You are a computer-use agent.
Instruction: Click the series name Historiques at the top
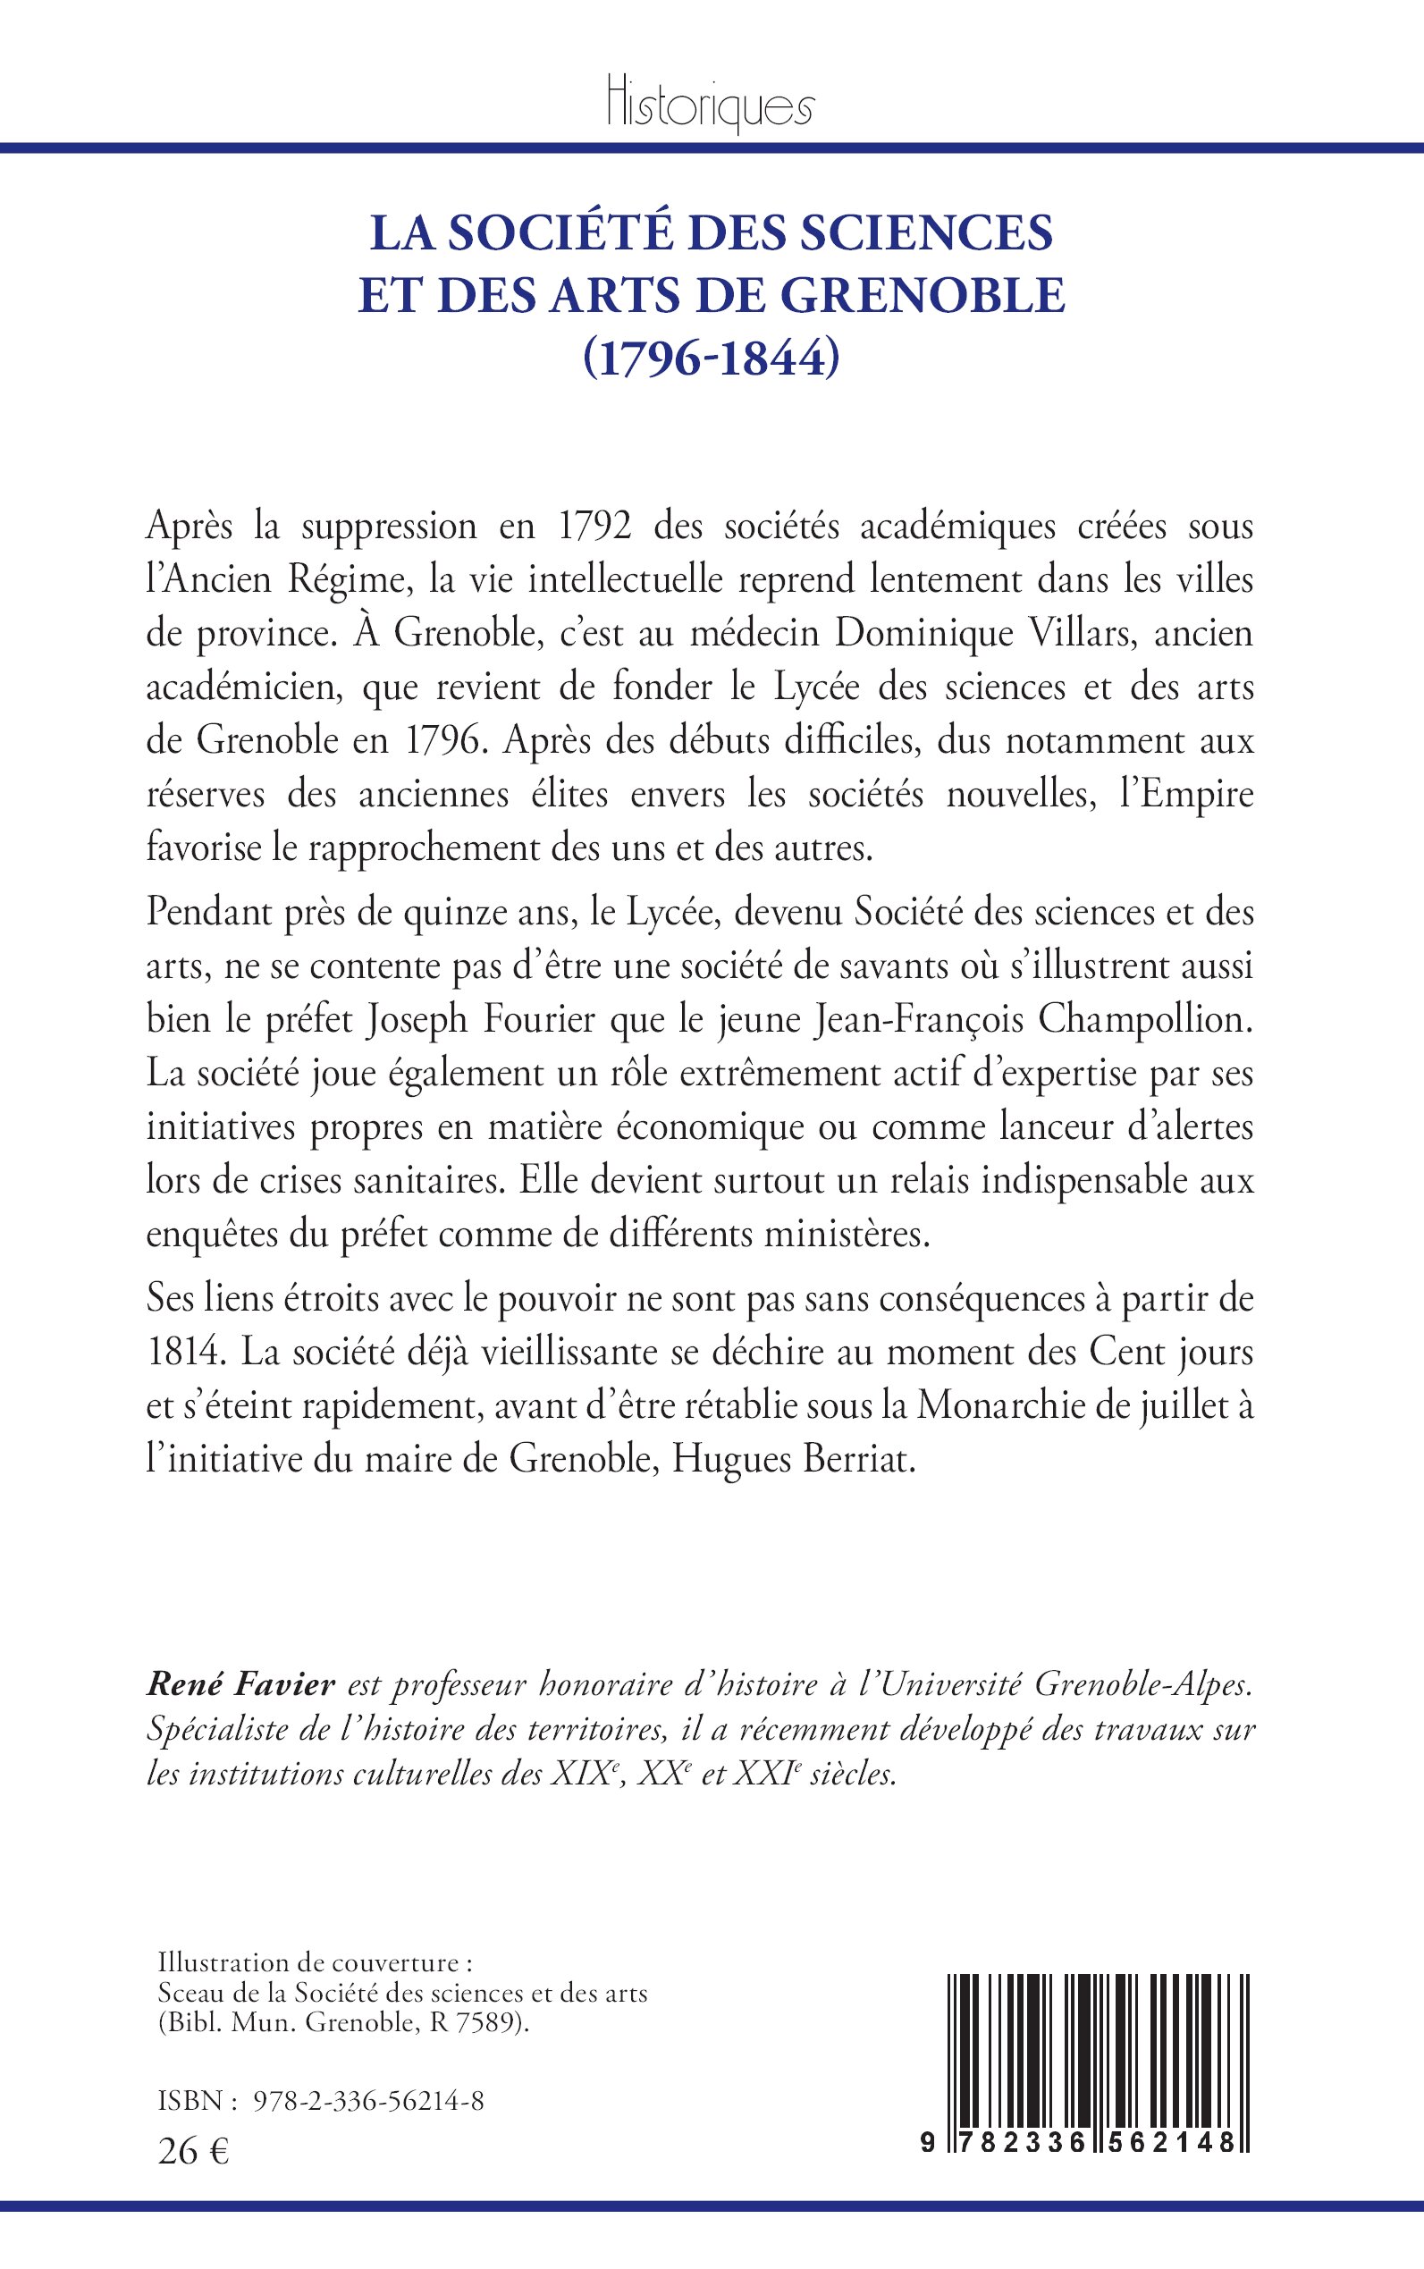[x=710, y=108]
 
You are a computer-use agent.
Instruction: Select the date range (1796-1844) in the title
[x=711, y=358]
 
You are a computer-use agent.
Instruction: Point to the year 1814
[x=182, y=1354]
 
